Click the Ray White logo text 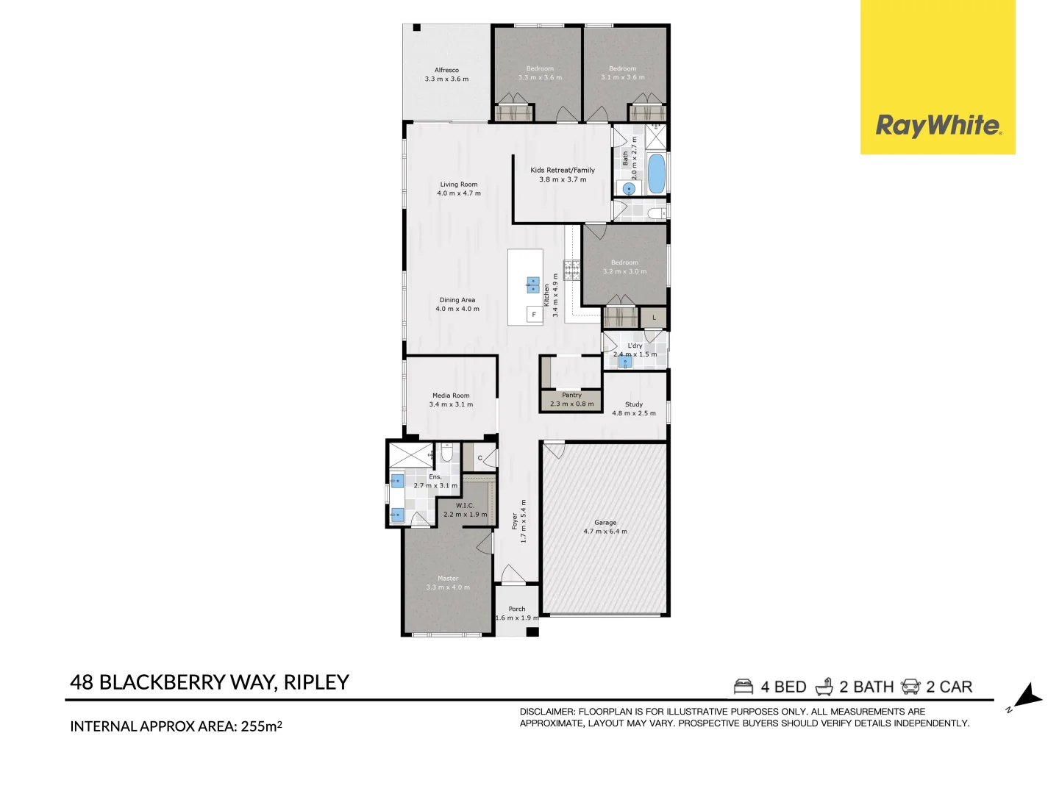click(938, 126)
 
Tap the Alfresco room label click(446, 71)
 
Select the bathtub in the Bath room click(656, 174)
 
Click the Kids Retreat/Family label click(563, 170)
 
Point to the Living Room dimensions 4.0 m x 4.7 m click(459, 193)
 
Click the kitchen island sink click(532, 285)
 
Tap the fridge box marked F click(534, 315)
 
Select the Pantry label click(571, 396)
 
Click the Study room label click(634, 404)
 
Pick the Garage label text click(605, 523)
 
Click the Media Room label click(451, 396)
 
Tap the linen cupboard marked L click(654, 318)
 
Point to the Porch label click(517, 609)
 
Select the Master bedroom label click(448, 579)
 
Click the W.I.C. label click(465, 506)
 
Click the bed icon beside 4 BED click(744, 687)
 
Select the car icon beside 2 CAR click(910, 687)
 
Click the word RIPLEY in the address click(316, 682)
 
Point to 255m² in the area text click(261, 726)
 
